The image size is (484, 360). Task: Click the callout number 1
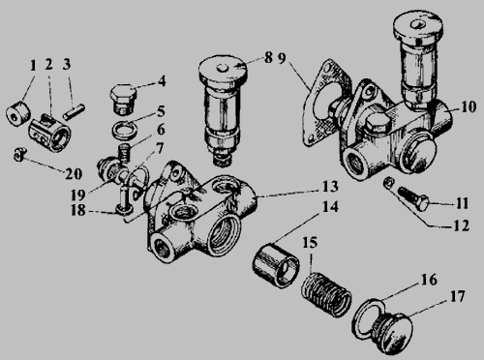coord(33,66)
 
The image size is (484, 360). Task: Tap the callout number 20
coord(74,174)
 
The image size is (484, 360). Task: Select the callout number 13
coord(330,187)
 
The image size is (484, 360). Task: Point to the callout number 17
coord(457,296)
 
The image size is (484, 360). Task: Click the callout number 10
coord(469,106)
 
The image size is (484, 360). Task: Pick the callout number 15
coord(310,243)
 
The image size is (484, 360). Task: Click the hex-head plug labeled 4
coord(124,99)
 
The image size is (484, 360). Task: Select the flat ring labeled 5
coord(124,129)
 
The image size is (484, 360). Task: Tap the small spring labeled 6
coord(125,152)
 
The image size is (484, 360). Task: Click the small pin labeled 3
coord(74,111)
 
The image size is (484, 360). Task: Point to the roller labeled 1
coord(18,113)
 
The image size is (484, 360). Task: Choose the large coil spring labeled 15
coord(326,295)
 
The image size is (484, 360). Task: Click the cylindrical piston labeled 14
coord(276,265)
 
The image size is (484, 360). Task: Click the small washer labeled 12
coord(388,183)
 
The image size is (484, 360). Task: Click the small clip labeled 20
coord(20,155)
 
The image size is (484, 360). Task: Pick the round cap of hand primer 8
coord(224,70)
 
